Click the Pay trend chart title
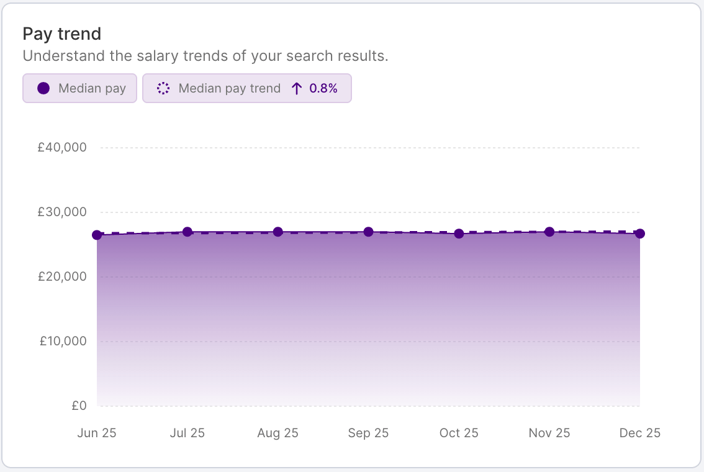[61, 34]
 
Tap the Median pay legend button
[79, 88]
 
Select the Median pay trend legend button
[247, 88]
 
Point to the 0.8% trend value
[323, 88]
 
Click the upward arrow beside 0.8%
[297, 88]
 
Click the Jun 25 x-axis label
[97, 433]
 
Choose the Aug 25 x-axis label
[278, 433]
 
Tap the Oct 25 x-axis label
[459, 433]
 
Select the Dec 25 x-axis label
[639, 433]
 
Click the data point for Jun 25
[97, 235]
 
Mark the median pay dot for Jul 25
[187, 232]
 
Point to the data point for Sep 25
[368, 232]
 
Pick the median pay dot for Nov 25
[549, 232]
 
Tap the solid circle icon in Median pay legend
[43, 88]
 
